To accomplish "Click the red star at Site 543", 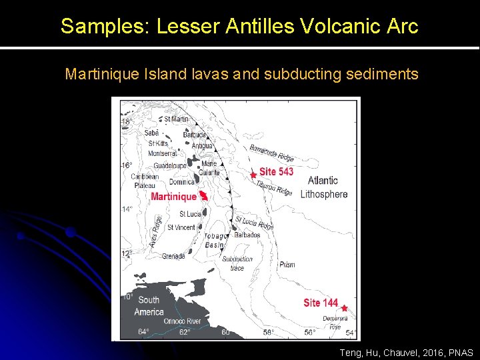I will pyautogui.click(x=253, y=175).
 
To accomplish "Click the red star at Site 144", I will pyautogui.click(x=344, y=308).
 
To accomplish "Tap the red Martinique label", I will pyautogui.click(x=173, y=197).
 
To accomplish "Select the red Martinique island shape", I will pyautogui.click(x=204, y=195).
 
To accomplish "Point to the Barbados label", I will pyautogui.click(x=247, y=235).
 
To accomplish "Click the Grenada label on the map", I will pyautogui.click(x=172, y=256).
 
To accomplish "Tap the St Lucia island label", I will pyautogui.click(x=190, y=214).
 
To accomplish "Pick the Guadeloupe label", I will pyautogui.click(x=171, y=165).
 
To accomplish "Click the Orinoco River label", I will pyautogui.click(x=183, y=321).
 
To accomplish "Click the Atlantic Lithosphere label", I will pyautogui.click(x=323, y=187).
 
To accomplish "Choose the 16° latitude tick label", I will pyautogui.click(x=126, y=165).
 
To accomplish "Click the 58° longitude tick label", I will pyautogui.click(x=268, y=332).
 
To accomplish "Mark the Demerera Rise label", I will pyautogui.click(x=335, y=323).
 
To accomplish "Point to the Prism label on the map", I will pyautogui.click(x=287, y=265).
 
